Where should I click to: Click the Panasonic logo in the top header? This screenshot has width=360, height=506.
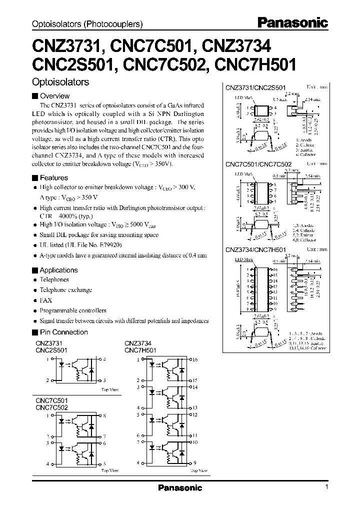click(292, 22)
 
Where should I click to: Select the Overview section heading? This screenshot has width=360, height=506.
click(54, 96)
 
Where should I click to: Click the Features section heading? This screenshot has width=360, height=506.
click(53, 177)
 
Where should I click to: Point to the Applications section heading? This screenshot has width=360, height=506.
click(58, 270)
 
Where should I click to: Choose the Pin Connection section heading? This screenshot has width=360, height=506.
click(63, 332)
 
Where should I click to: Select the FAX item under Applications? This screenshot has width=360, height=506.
click(45, 300)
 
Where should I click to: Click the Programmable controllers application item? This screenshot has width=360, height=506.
click(73, 310)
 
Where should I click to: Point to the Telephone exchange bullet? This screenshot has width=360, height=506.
click(66, 290)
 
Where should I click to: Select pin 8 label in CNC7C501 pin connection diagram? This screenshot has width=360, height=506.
click(104, 416)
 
